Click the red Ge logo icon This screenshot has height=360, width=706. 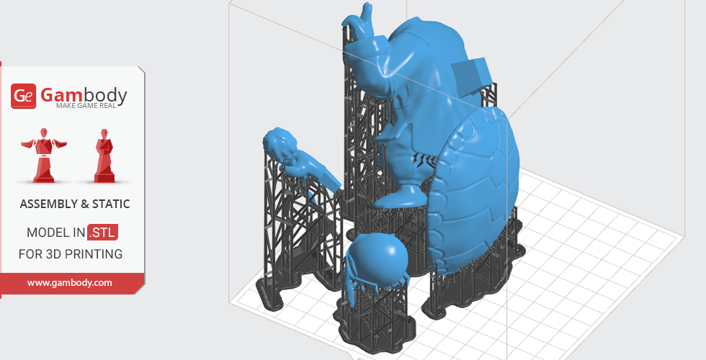[23, 96]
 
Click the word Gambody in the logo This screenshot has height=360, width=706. [84, 95]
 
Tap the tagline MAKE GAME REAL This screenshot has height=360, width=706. [86, 106]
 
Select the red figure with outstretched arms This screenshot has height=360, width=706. [44, 156]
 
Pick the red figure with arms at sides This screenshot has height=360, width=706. [104, 156]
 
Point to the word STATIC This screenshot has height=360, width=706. [111, 204]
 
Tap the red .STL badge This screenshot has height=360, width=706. [102, 233]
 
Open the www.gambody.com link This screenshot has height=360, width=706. [69, 283]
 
